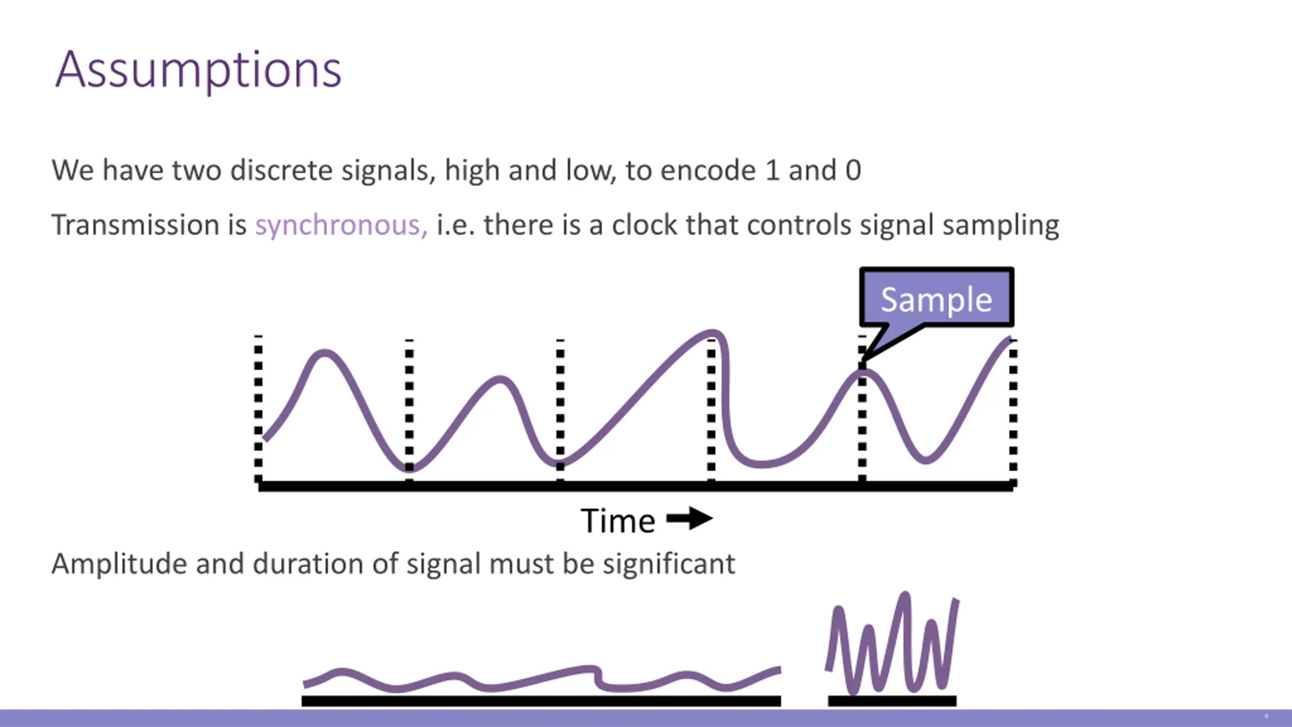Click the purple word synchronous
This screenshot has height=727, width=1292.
point(341,225)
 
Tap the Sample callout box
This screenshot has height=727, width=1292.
point(937,299)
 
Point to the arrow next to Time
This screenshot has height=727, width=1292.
point(689,518)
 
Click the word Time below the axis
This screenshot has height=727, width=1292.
point(618,521)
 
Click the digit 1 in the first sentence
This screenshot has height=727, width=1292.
point(772,171)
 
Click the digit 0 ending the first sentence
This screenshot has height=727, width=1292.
point(853,171)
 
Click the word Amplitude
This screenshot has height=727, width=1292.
point(119,564)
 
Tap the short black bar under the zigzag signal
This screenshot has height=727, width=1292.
point(892,701)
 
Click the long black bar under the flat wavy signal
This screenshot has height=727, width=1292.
point(541,701)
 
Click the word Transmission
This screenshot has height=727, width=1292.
point(135,225)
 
